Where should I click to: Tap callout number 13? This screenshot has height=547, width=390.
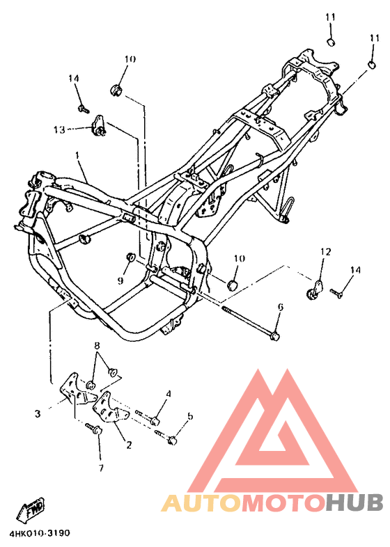59,129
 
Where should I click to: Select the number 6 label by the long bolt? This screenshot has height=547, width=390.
281,307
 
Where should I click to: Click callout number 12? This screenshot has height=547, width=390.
325,251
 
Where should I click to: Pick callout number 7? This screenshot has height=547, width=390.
101,468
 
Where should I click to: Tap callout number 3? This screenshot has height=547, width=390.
38,414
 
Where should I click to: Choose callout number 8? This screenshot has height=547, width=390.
97,346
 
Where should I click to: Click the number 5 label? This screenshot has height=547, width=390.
189,416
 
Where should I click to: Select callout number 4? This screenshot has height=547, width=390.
169,394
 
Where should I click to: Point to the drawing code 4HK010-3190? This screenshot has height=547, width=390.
40,533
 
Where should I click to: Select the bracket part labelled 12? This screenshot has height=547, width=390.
314,290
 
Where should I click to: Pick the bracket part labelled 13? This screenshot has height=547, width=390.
99,125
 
